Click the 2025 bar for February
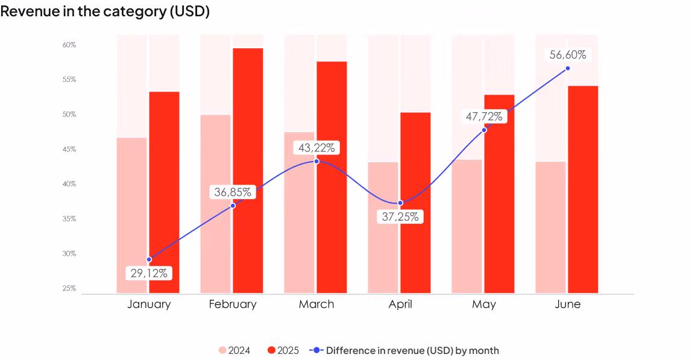248,171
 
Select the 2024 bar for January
132,215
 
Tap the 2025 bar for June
583,189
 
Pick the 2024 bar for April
383,227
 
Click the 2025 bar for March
332,177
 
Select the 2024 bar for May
467,226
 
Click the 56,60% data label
568,55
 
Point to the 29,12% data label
149,273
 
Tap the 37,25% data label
400,217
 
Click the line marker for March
316,162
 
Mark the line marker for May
484,130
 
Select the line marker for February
233,206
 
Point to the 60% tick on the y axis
69,45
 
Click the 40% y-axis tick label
69,184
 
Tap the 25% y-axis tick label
69,288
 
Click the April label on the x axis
400,305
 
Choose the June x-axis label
568,304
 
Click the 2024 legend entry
234,350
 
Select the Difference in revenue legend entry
404,350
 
